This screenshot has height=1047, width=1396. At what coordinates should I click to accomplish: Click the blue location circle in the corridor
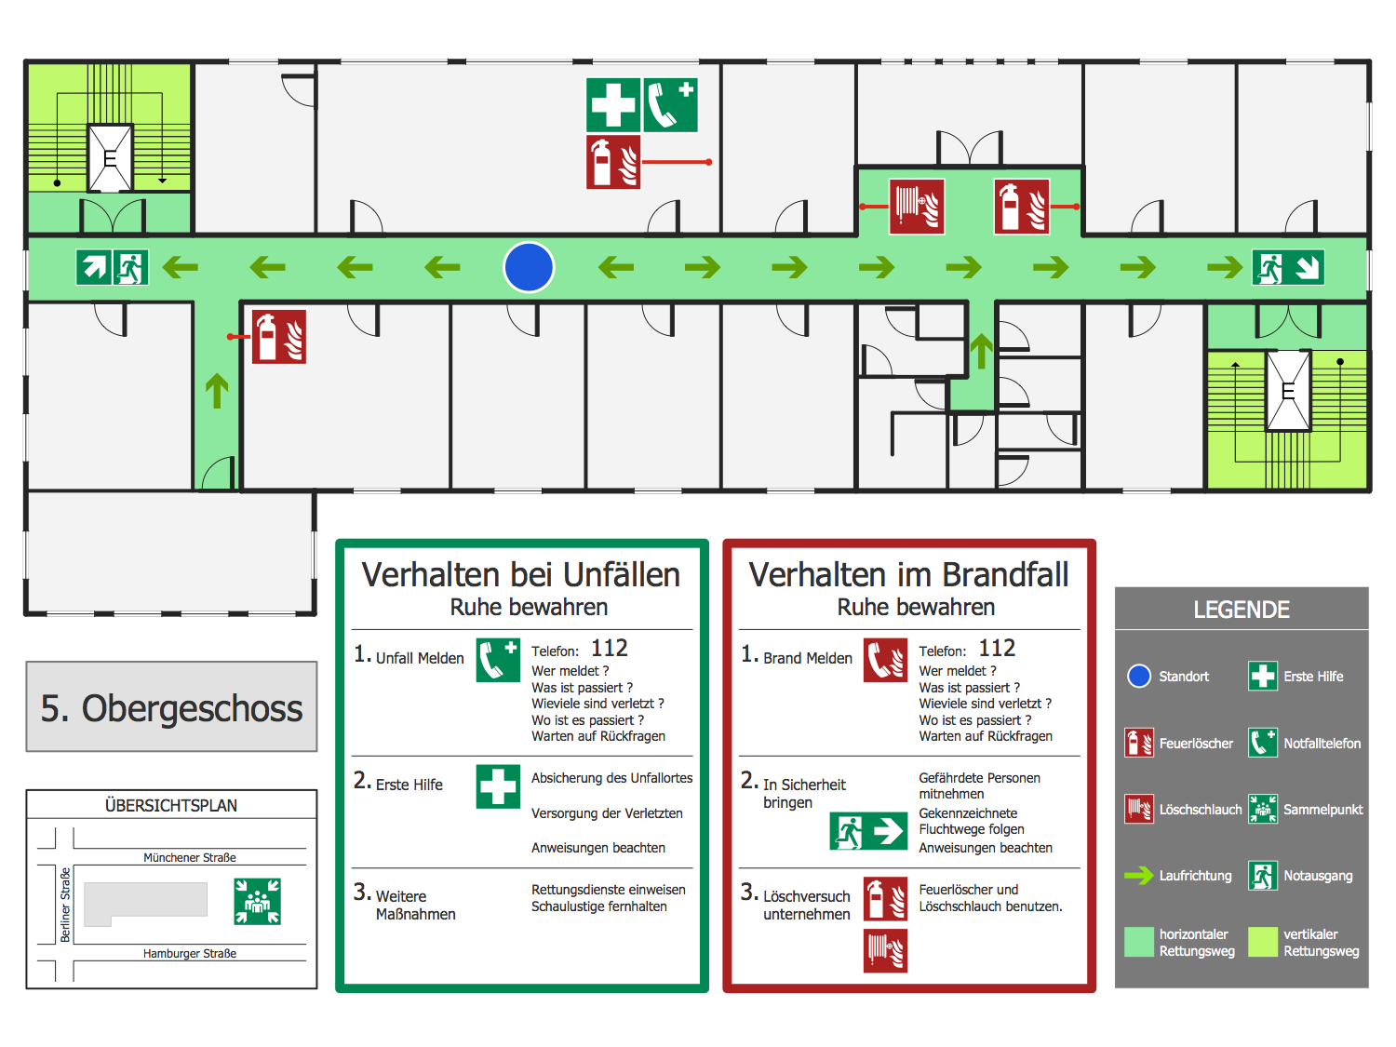[x=529, y=267]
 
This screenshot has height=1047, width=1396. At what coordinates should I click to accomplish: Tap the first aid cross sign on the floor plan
[x=613, y=104]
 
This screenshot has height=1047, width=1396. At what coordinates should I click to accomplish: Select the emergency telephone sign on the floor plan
[x=670, y=104]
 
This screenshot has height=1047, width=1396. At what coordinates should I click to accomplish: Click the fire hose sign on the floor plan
[x=917, y=206]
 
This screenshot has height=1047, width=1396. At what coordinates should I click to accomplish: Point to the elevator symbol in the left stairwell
[x=110, y=157]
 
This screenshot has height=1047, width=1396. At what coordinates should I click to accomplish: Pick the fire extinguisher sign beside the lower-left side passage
[x=279, y=336]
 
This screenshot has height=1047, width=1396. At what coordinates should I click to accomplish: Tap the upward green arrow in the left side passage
[x=217, y=391]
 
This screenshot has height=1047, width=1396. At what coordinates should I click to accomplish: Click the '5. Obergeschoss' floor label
[x=171, y=708]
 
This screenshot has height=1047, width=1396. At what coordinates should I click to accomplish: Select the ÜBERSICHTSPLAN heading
[x=171, y=805]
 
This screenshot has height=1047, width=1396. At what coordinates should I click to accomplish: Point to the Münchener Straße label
[x=190, y=857]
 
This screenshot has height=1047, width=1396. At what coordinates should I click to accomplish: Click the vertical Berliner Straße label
[x=65, y=905]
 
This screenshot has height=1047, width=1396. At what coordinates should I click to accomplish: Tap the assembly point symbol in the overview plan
[x=257, y=901]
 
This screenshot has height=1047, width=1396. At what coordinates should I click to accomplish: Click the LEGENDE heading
[x=1242, y=610]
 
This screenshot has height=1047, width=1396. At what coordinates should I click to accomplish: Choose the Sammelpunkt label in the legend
[x=1322, y=810]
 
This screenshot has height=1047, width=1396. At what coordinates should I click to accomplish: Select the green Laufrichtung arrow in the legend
[x=1139, y=876]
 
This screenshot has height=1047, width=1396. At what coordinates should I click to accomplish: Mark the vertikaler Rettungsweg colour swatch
[x=1263, y=942]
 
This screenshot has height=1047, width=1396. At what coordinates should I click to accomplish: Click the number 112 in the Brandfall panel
[x=997, y=648]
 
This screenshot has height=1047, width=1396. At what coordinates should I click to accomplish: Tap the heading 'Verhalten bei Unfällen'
[x=521, y=574]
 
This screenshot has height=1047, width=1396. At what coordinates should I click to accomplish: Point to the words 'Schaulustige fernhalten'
[x=599, y=906]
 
